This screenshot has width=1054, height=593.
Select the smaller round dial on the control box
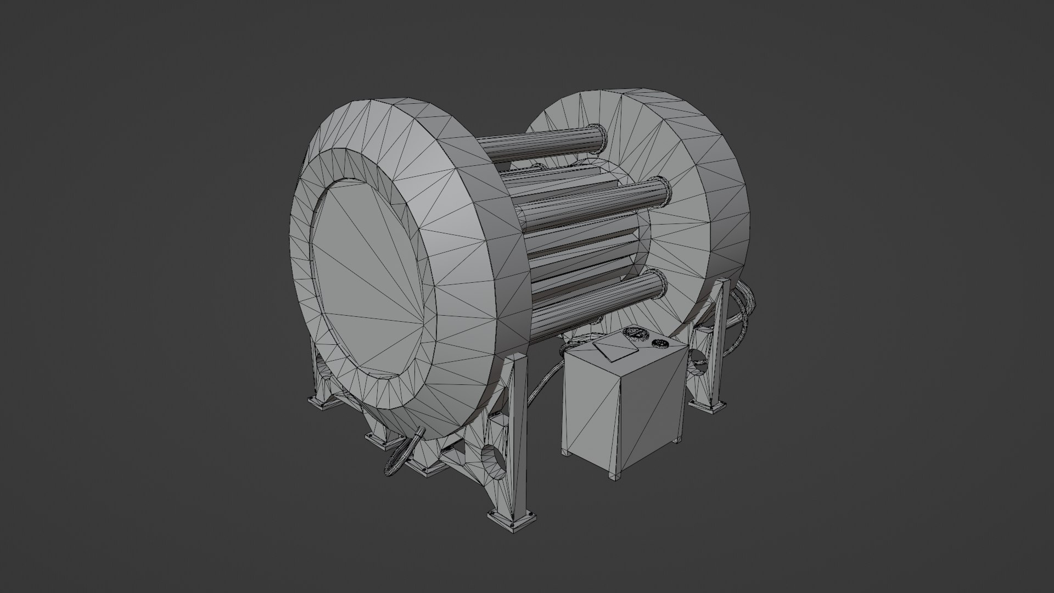659,344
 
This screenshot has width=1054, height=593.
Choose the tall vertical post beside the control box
517,434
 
